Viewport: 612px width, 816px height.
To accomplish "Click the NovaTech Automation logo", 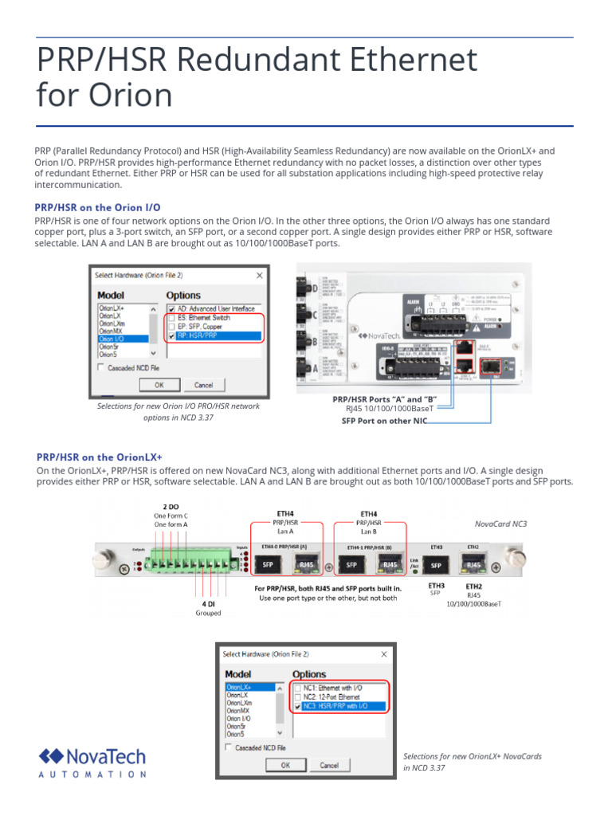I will (92, 762).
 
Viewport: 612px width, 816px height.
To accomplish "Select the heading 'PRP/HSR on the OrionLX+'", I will (100, 457).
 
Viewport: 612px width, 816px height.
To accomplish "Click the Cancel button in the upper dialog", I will (203, 385).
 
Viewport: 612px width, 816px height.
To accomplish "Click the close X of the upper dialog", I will (259, 275).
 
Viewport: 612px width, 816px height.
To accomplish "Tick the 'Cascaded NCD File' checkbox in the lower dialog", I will (229, 747).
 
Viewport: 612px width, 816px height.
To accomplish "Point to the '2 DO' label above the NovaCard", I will (171, 507).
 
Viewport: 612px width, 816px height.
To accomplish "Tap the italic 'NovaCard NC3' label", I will (500, 524).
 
